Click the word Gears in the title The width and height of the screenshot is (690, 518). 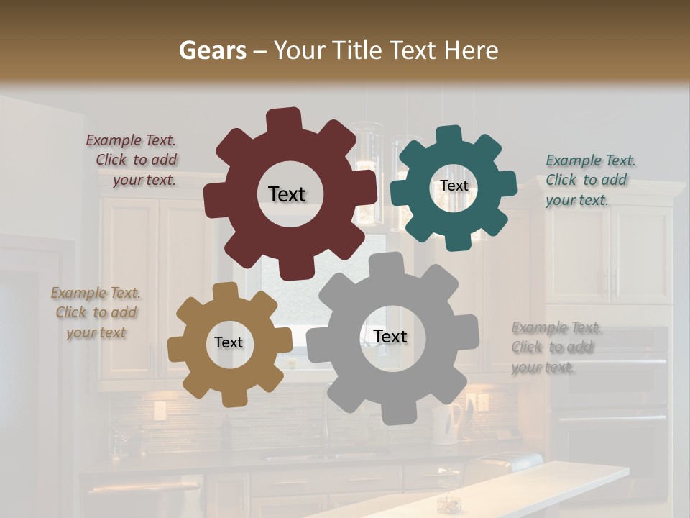tap(209, 50)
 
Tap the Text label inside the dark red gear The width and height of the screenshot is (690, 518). tap(287, 194)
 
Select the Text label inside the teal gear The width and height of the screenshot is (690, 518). tap(454, 186)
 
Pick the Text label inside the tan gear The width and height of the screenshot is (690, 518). tap(229, 342)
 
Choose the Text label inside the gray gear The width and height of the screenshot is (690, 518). tap(390, 337)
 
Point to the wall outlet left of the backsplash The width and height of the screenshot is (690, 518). tap(159, 411)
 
